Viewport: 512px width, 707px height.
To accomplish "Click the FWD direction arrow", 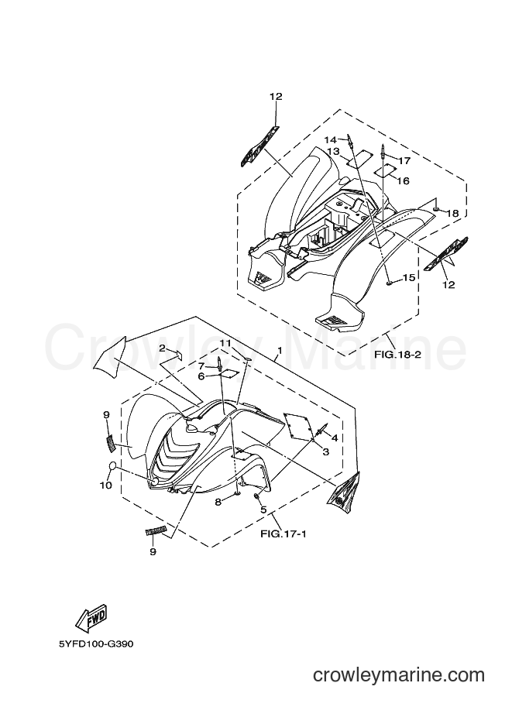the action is tap(91, 618).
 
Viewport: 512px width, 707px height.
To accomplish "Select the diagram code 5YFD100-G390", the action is tap(96, 644).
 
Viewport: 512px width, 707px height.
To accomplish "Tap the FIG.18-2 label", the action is tap(397, 355).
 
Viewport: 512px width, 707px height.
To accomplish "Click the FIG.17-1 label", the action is tap(283, 534).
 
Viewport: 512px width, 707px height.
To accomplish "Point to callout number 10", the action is tap(105, 486).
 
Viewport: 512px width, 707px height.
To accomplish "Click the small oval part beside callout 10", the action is tap(114, 466).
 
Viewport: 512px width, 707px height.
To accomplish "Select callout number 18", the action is tap(452, 213).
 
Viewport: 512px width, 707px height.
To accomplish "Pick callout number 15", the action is tap(409, 278).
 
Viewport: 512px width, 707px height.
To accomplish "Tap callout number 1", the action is tap(280, 350).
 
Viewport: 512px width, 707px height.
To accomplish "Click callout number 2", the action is tap(162, 348).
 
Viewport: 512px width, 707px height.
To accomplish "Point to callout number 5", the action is tap(264, 510).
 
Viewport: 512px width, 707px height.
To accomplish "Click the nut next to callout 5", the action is tap(256, 496).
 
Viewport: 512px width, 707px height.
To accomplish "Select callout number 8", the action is tap(218, 501).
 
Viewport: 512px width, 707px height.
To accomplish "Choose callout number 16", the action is tap(403, 180).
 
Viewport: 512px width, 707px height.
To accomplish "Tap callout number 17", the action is tap(404, 160).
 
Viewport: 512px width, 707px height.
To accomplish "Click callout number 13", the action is tap(333, 152).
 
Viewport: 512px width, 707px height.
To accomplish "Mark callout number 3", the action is tap(325, 451).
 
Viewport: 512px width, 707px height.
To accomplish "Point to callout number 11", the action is tap(225, 344).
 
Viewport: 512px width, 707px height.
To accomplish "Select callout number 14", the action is tap(330, 139).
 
